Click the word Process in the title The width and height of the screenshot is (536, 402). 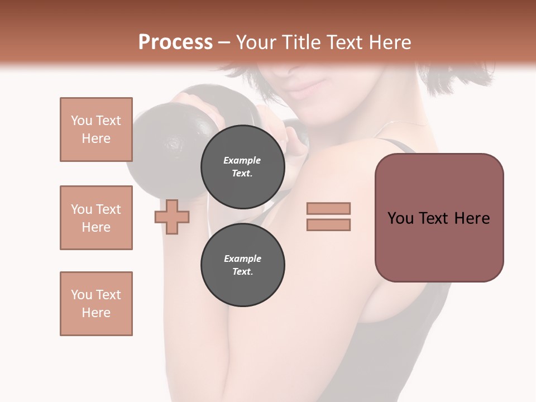click(175, 42)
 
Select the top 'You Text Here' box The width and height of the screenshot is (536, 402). click(96, 130)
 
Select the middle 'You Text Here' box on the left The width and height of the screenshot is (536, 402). click(96, 218)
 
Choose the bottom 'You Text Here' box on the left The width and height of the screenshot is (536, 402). click(96, 304)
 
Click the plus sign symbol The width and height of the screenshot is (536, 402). click(172, 217)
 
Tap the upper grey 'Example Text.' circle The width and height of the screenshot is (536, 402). click(242, 167)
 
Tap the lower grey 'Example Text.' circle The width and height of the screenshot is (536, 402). click(242, 265)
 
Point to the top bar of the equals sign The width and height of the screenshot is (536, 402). click(328, 208)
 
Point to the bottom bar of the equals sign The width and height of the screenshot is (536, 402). click(328, 225)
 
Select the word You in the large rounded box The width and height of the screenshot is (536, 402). click(401, 218)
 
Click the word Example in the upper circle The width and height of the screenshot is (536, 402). click(242, 160)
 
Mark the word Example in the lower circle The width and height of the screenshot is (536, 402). click(242, 259)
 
